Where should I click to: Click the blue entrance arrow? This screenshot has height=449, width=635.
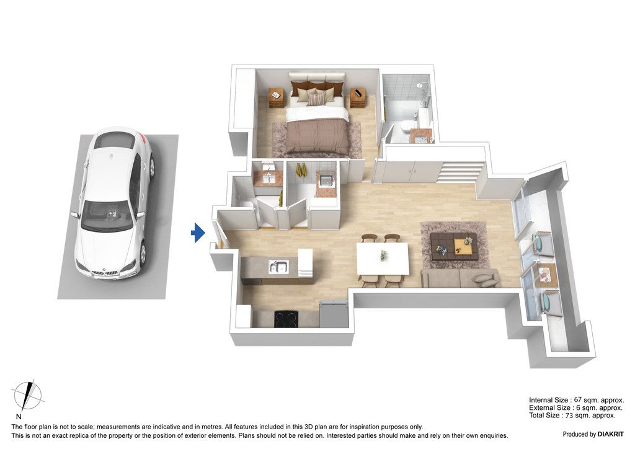point(198,233)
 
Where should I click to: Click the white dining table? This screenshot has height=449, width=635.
point(383,259)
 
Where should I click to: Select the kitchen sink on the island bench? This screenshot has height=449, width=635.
point(278,267)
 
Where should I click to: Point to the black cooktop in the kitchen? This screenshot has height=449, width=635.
point(286,319)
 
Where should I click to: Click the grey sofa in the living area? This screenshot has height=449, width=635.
point(460,278)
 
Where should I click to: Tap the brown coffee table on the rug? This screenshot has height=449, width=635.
point(453,246)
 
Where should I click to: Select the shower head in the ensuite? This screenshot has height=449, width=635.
point(422,85)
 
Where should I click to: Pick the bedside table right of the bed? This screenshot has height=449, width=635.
point(358,98)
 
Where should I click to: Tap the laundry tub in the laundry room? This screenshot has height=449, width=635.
point(326,180)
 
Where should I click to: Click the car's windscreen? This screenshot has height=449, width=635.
point(108,216)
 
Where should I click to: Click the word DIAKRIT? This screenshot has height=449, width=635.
point(611,434)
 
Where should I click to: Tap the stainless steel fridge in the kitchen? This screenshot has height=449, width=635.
point(334,314)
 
